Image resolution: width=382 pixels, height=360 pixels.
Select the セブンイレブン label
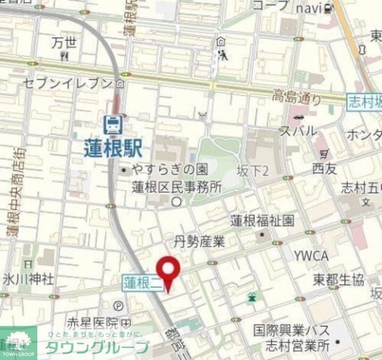(69, 83)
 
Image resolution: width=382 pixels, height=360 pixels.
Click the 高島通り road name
(297, 97)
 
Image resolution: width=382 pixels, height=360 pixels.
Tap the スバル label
(298, 131)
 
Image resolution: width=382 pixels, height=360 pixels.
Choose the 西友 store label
(325, 169)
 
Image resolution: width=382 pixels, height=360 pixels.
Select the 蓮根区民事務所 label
(177, 187)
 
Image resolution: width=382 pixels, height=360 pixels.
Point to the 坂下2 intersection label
(252, 170)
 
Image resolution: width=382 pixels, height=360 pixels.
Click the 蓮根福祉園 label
(262, 220)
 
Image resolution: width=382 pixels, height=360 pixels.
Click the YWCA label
(311, 256)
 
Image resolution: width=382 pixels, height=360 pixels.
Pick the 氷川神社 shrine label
(28, 278)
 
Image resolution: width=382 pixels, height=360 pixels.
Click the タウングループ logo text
(96, 347)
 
